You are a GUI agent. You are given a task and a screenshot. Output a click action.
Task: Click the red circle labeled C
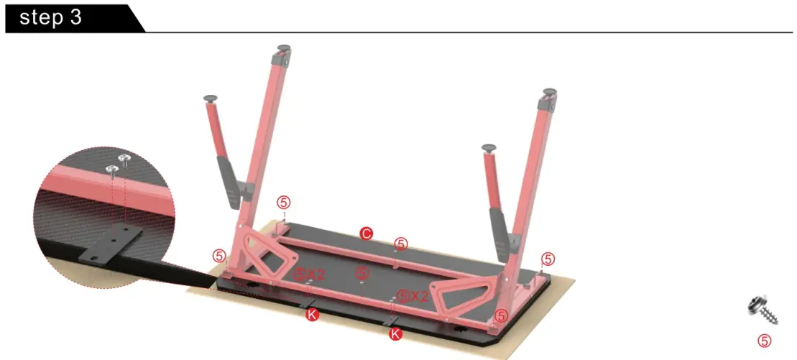366,233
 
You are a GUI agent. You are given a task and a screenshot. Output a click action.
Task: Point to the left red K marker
312,315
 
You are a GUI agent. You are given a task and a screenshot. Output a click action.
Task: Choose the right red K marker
395,333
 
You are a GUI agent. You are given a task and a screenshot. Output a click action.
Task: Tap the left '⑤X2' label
310,274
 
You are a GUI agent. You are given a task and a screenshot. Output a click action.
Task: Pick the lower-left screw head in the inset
113,170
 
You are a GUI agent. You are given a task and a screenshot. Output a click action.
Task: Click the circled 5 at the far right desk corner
548,259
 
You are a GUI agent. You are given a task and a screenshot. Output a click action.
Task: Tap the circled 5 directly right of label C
401,244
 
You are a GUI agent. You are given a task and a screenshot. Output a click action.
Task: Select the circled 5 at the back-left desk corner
284,203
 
